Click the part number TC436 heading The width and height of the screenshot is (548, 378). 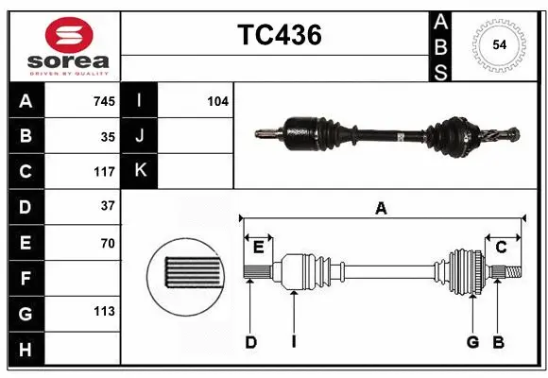(279, 35)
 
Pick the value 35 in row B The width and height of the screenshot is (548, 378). (108, 136)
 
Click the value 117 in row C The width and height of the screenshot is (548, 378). (104, 172)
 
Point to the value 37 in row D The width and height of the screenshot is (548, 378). (108, 205)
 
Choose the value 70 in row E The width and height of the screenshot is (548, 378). (108, 243)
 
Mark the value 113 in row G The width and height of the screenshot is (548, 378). (104, 311)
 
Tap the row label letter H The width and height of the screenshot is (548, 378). (25, 351)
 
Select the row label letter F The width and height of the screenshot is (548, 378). (25, 279)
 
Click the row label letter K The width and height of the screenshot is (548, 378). (140, 171)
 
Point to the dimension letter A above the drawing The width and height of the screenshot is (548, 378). (381, 209)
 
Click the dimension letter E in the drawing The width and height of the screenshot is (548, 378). (258, 248)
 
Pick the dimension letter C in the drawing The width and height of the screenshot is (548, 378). (502, 248)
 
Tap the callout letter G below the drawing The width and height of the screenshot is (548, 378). (472, 342)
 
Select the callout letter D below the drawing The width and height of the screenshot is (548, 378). (251, 342)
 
